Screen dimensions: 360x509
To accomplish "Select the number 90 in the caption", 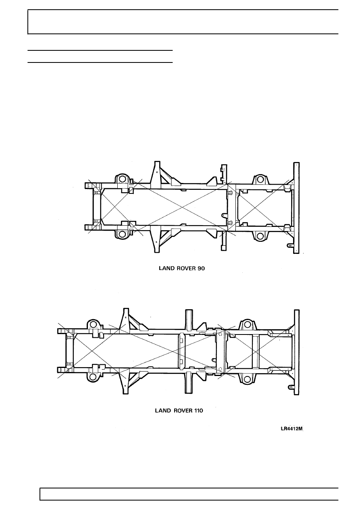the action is pyautogui.click(x=201, y=268).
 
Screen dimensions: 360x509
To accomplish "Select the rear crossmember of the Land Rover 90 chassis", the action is pyautogui.click(x=296, y=208).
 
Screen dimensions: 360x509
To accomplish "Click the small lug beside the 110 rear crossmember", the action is pyautogui.click(x=290, y=386).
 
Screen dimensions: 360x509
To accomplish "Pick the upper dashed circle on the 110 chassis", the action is pyautogui.click(x=220, y=334).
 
